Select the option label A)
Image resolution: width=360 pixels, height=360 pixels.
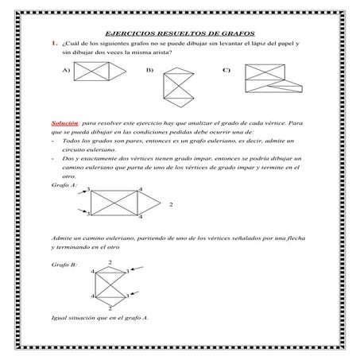65,71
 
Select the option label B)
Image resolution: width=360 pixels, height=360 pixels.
149,71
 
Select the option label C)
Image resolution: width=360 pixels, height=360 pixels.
226,71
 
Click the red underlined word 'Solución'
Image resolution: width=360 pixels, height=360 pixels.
64,124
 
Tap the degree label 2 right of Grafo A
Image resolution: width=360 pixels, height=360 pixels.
171,204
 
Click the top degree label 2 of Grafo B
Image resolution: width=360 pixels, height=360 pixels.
110,261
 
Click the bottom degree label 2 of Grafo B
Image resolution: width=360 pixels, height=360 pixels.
110,306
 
